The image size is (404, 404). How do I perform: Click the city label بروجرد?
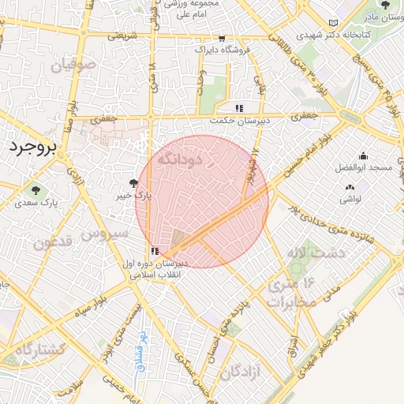[x=32, y=148]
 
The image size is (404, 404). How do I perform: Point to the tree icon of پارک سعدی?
[x=35, y=190]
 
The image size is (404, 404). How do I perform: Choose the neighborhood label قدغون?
[x=54, y=239]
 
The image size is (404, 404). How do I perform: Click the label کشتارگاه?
[x=35, y=348]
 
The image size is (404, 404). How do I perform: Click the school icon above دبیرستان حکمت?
[x=238, y=108]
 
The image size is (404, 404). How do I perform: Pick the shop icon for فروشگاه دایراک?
[x=221, y=38]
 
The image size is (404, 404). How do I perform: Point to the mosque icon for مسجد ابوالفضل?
[x=362, y=155]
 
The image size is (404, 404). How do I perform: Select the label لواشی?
[x=351, y=199]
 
